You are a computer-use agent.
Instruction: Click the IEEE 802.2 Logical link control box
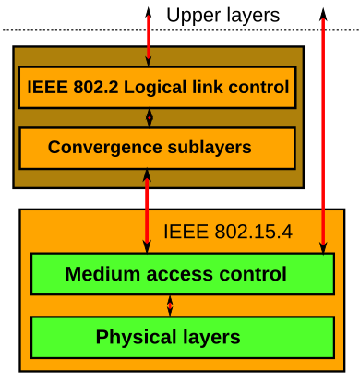[x=157, y=88]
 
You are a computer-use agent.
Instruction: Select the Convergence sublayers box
[x=157, y=148]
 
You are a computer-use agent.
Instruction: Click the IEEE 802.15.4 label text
[x=228, y=232]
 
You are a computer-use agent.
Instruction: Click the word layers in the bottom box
[x=210, y=337]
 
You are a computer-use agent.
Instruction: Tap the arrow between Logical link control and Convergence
[x=149, y=118]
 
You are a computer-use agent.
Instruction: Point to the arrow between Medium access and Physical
[x=170, y=305]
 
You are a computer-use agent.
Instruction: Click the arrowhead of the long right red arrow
[x=322, y=246]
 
